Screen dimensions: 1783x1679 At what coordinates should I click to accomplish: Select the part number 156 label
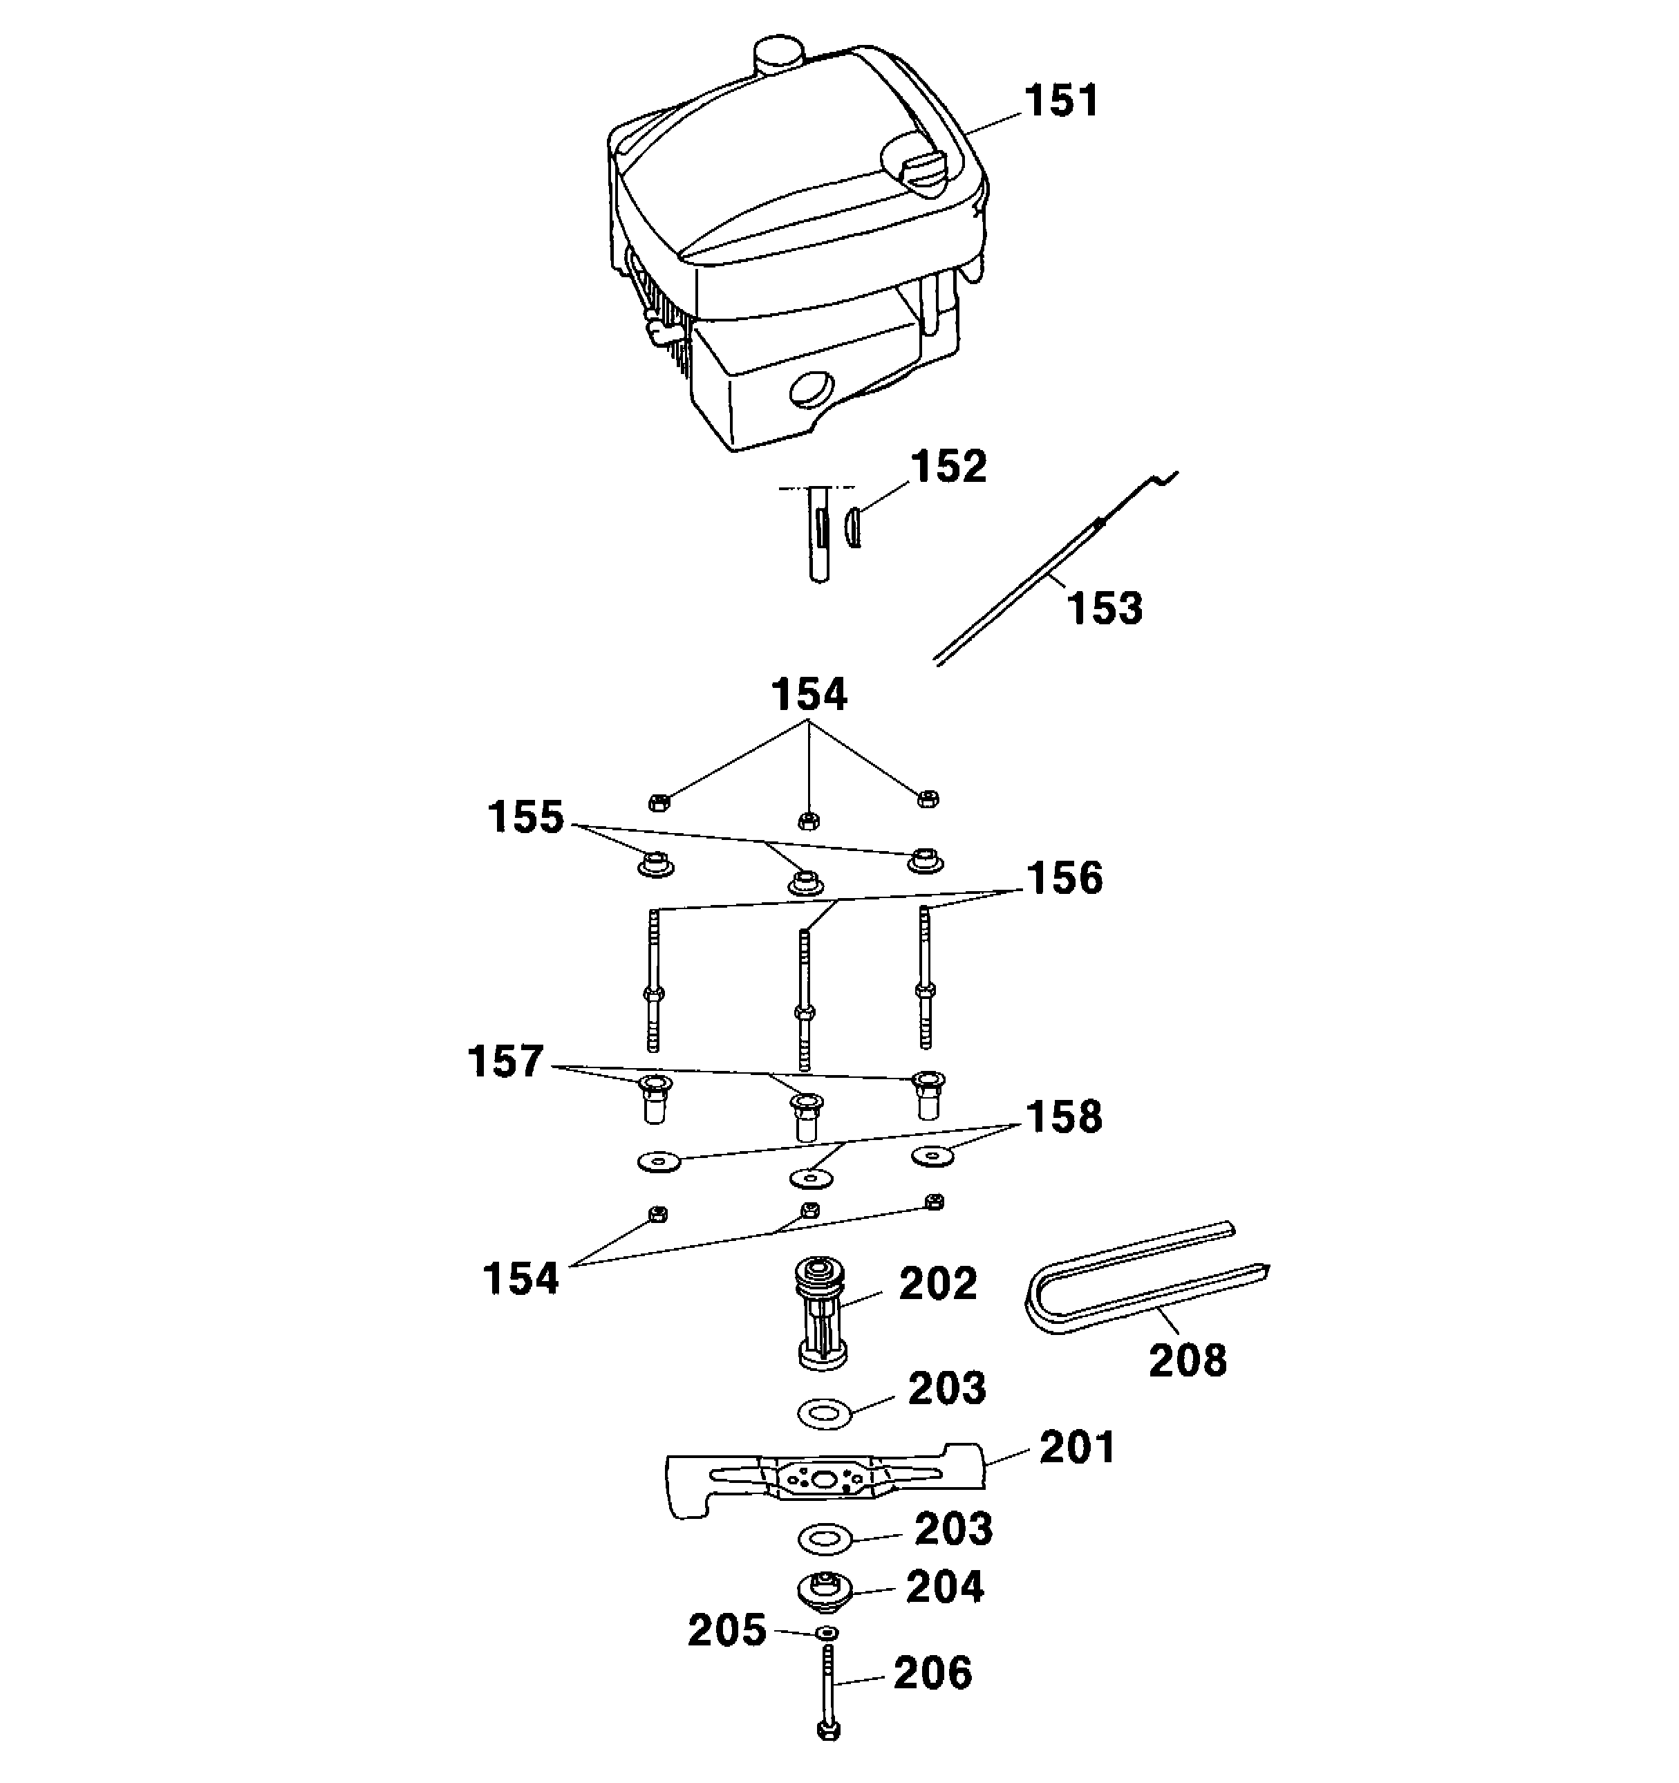tap(1064, 879)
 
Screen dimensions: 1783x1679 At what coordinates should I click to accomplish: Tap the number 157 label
tap(505, 1062)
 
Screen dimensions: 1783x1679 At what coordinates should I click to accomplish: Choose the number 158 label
tap(1064, 1117)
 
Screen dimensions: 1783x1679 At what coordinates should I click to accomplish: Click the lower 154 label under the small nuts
tap(520, 1279)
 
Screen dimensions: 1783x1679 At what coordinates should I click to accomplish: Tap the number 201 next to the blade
tap(1076, 1448)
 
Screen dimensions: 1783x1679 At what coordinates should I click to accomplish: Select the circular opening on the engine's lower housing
tap(812, 391)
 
